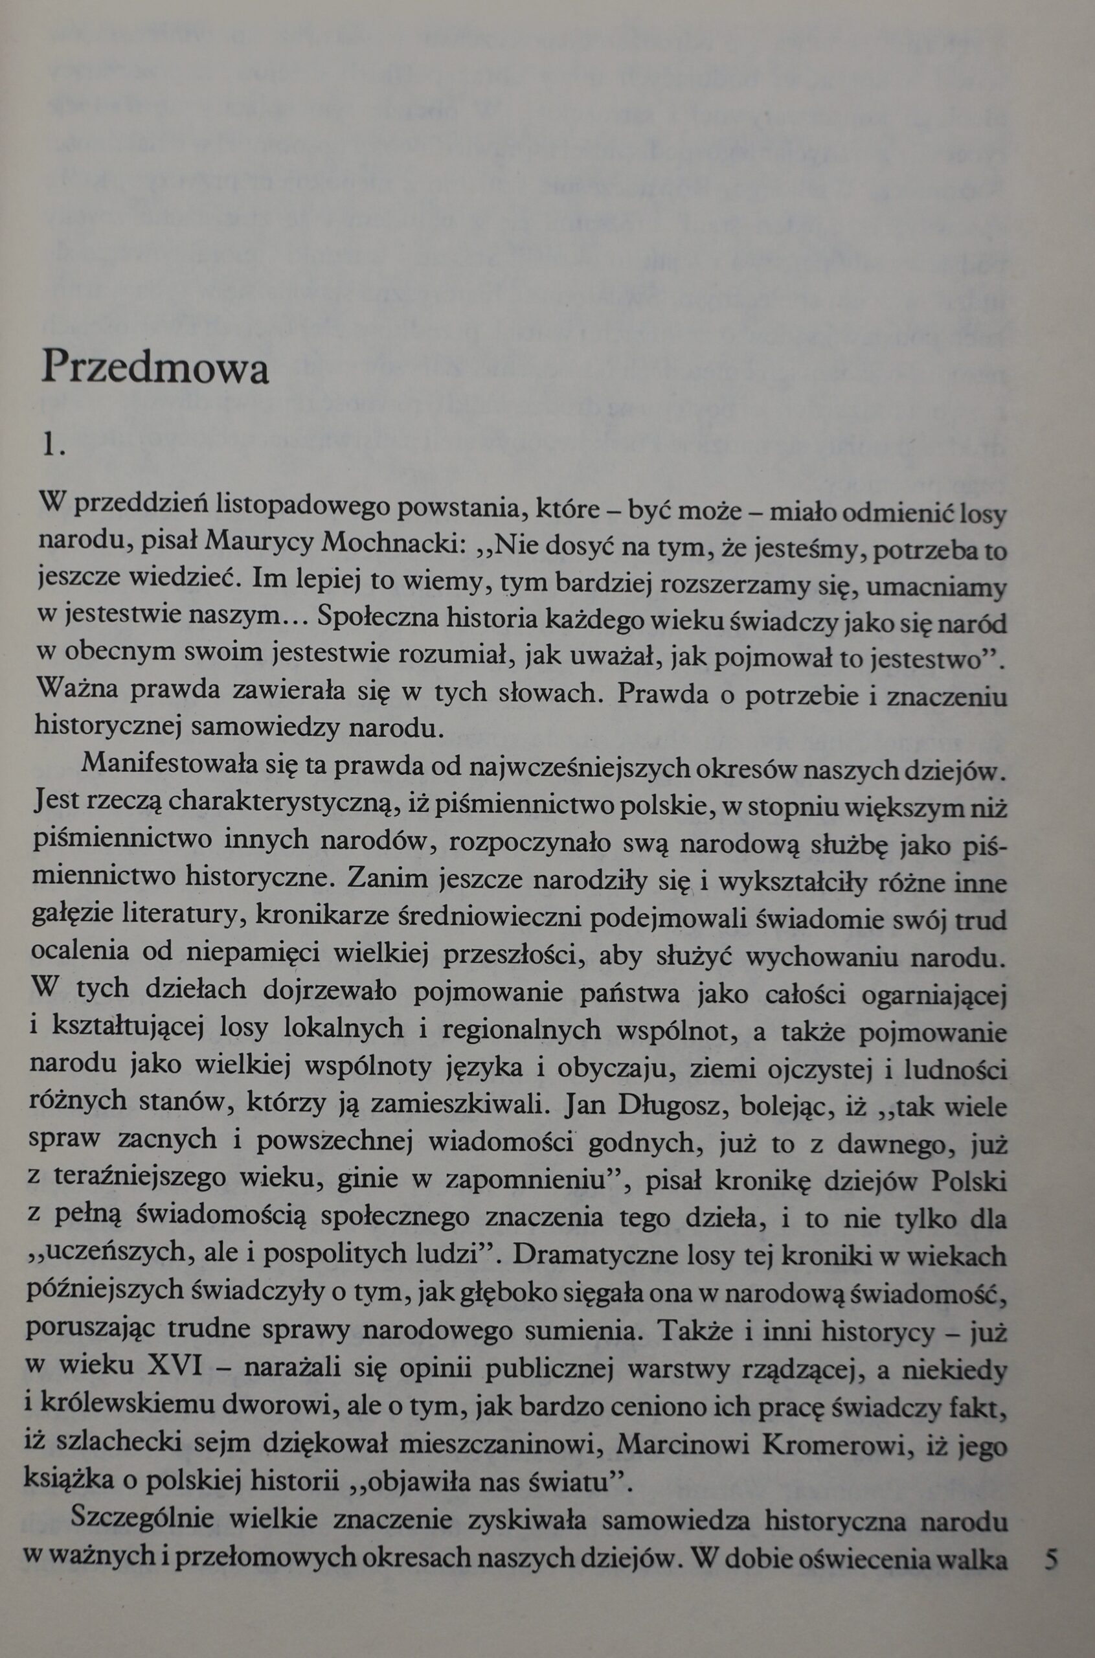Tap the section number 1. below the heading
[x=53, y=444]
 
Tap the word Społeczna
[x=376, y=619]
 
